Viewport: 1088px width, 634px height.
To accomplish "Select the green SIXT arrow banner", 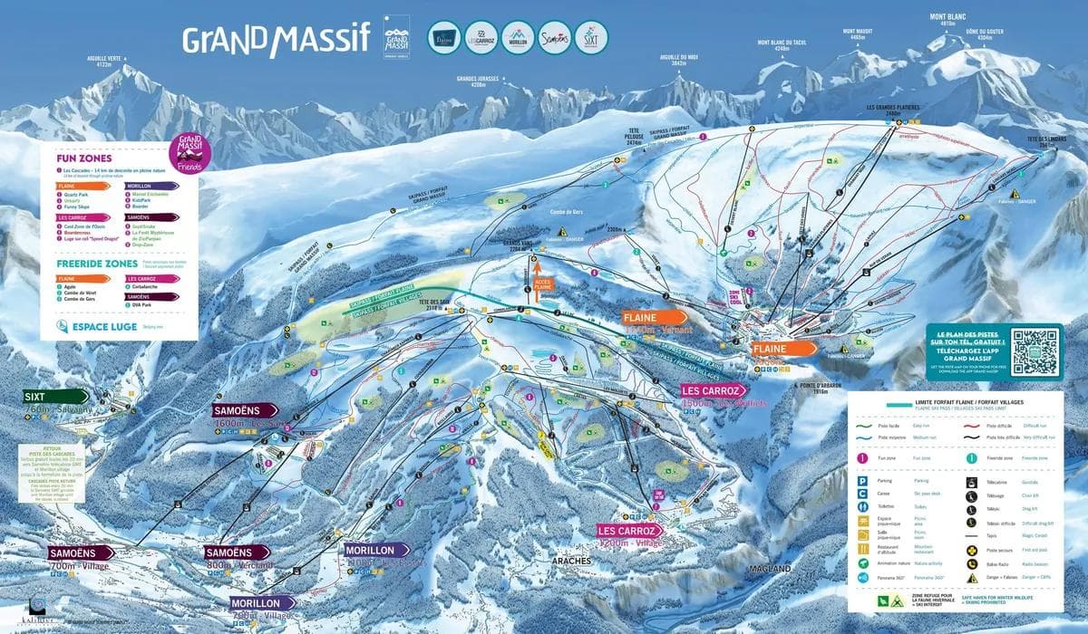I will click(x=54, y=396).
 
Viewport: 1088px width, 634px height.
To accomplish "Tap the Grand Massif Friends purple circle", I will click(x=190, y=152).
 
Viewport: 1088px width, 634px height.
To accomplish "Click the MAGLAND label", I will click(x=771, y=568).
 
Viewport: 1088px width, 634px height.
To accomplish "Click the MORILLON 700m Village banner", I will click(x=262, y=602).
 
